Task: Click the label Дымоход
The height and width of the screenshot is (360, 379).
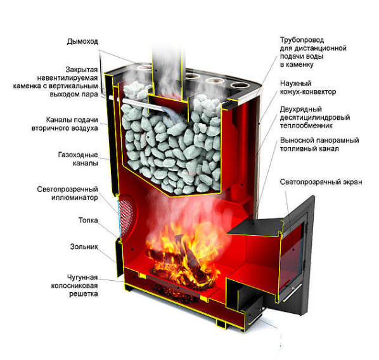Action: (82, 42)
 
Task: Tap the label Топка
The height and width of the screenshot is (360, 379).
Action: (88, 221)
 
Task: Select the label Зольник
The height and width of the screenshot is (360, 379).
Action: (84, 247)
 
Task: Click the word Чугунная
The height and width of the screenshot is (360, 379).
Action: (82, 277)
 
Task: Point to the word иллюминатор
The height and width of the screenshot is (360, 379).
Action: (75, 198)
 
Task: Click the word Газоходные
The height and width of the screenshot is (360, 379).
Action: (78, 155)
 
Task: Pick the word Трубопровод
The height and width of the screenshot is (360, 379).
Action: (302, 40)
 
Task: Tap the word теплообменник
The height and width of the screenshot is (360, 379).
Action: (306, 125)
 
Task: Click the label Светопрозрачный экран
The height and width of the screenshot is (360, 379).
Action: (321, 182)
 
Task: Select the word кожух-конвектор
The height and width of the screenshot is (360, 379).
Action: (308, 92)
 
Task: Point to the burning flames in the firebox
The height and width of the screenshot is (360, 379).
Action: (184, 254)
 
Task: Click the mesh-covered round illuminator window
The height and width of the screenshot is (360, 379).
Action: (126, 215)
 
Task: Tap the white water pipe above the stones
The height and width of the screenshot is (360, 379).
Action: (143, 104)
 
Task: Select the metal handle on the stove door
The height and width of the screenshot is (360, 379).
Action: (292, 292)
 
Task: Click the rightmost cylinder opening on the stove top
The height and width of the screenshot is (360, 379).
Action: (240, 85)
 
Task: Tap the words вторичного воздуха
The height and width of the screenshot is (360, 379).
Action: (65, 128)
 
